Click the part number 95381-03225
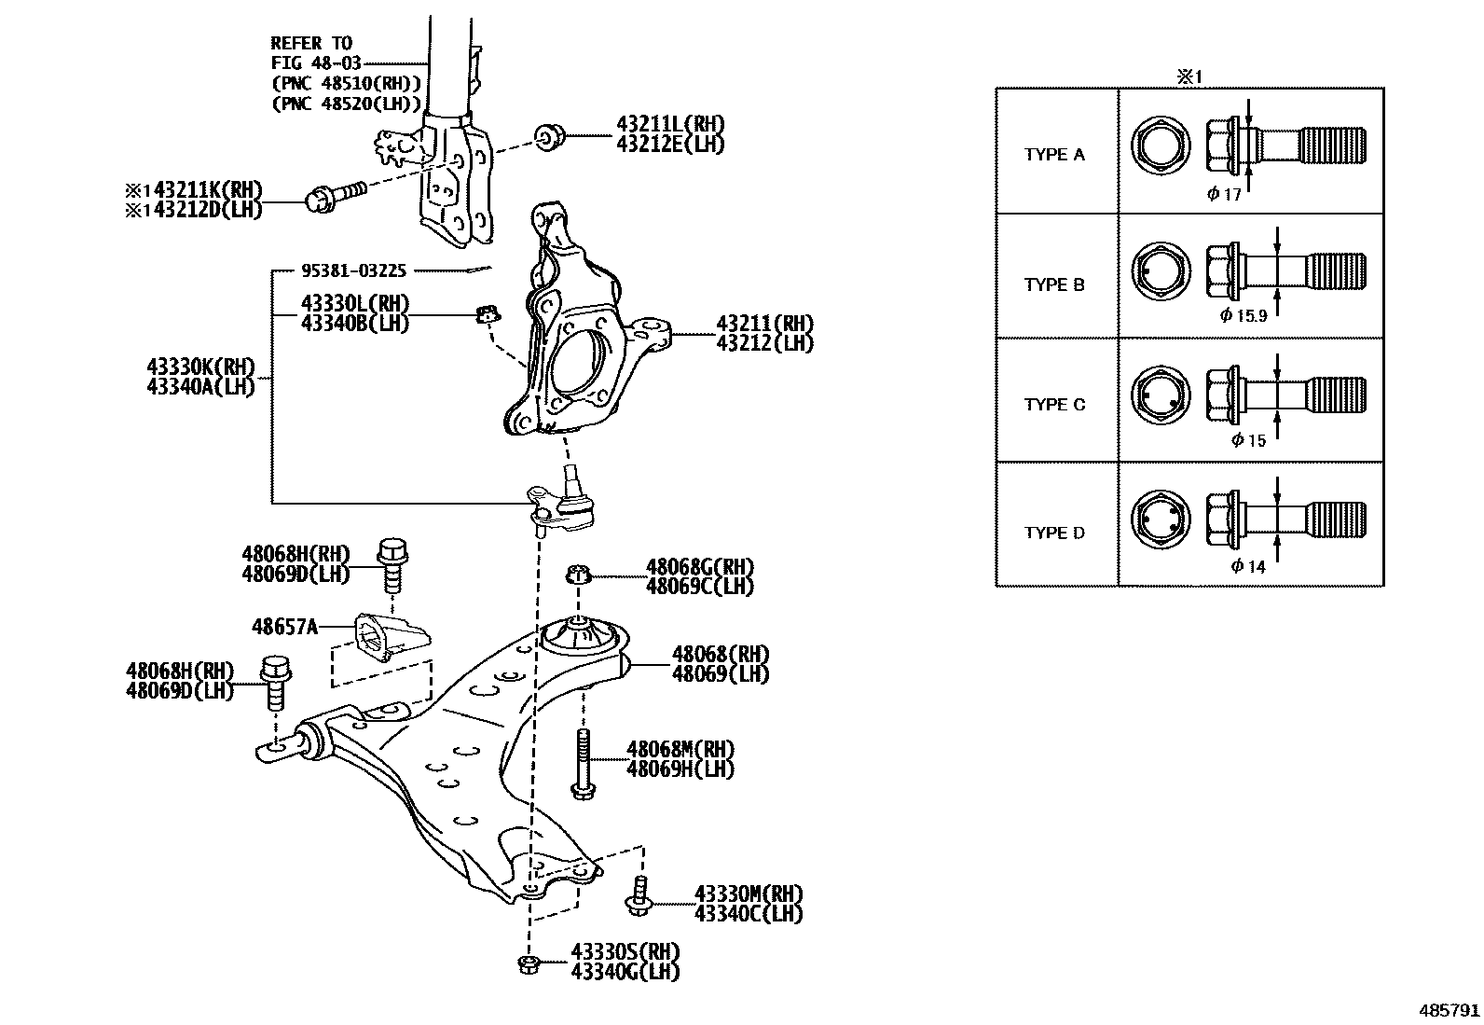(353, 270)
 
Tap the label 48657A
(284, 627)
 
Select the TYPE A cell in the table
(1054, 155)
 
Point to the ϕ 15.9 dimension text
(1244, 315)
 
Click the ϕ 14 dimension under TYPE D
(1248, 566)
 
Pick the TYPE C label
(1054, 405)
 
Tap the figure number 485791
(1450, 1010)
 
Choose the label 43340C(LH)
(748, 914)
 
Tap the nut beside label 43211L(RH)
(549, 137)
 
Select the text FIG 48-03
(315, 63)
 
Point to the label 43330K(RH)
(200, 367)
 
